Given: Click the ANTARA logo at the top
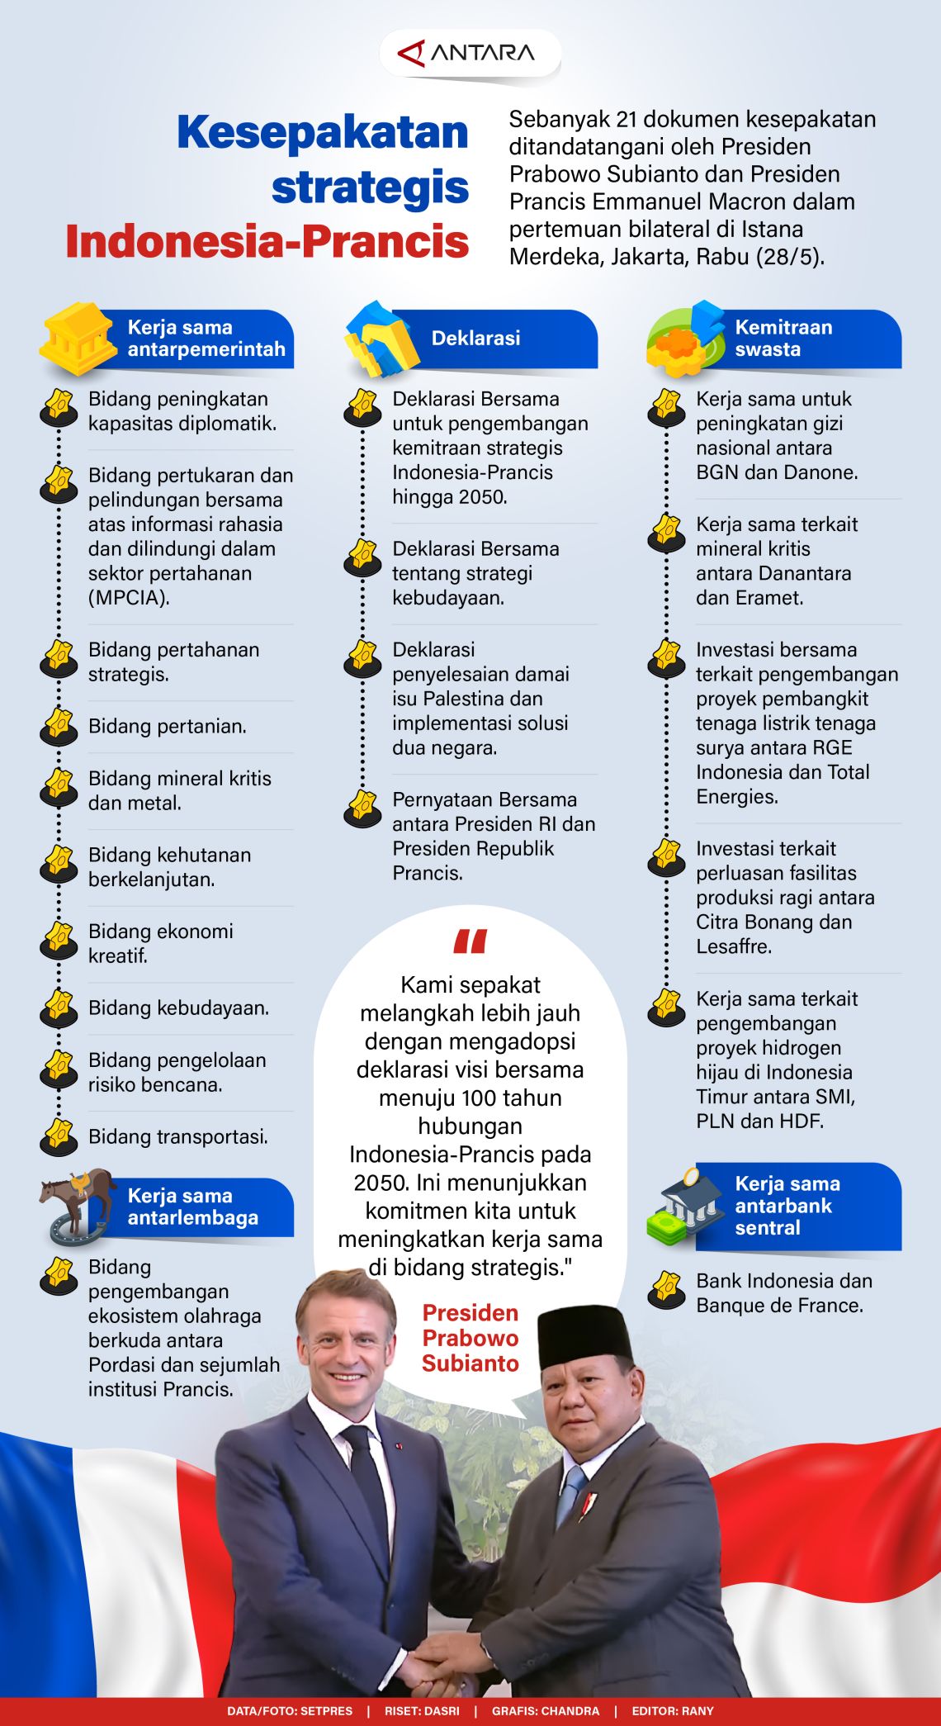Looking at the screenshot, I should [x=469, y=54].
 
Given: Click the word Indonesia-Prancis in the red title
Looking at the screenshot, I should [x=267, y=241].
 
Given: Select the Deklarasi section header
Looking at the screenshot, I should [x=475, y=338].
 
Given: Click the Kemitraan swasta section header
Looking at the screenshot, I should [x=783, y=338].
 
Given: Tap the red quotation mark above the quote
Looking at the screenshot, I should [x=470, y=941].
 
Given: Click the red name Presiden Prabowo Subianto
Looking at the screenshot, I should [x=470, y=1338].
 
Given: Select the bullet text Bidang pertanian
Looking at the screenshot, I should [x=168, y=727].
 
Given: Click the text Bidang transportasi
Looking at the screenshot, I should [x=178, y=1137].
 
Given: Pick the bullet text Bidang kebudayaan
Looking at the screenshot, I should [x=178, y=1008].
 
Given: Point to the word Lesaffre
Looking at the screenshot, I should [x=733, y=946].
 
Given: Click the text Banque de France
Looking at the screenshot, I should [x=779, y=1306].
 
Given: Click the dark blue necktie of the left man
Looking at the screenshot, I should [x=368, y=1478].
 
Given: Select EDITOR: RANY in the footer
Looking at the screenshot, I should [x=673, y=1711].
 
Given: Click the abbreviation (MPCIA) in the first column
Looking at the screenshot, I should [x=129, y=598].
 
